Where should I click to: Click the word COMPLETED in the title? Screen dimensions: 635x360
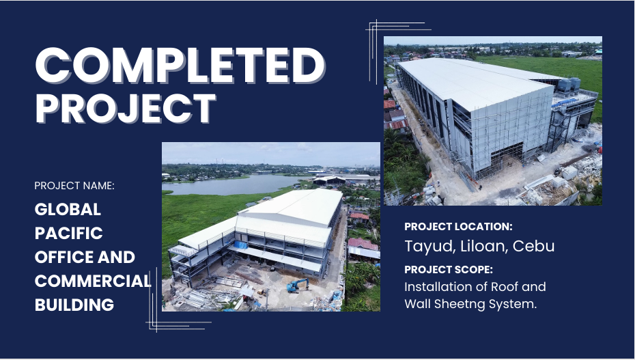tap(180, 65)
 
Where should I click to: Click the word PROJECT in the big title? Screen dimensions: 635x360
tap(126, 108)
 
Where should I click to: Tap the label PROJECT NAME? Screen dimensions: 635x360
tap(74, 186)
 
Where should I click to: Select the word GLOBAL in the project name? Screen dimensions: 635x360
tap(68, 209)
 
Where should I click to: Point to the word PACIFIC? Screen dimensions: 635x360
tap(69, 233)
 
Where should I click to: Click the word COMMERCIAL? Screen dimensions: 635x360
tap(93, 281)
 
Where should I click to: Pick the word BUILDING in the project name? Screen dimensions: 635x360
tap(74, 305)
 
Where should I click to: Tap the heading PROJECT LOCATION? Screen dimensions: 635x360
tap(458, 227)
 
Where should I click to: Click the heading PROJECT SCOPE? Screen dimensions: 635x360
tap(449, 270)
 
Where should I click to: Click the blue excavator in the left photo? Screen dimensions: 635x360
tap(298, 285)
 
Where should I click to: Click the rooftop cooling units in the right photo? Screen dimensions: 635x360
tap(569, 84)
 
